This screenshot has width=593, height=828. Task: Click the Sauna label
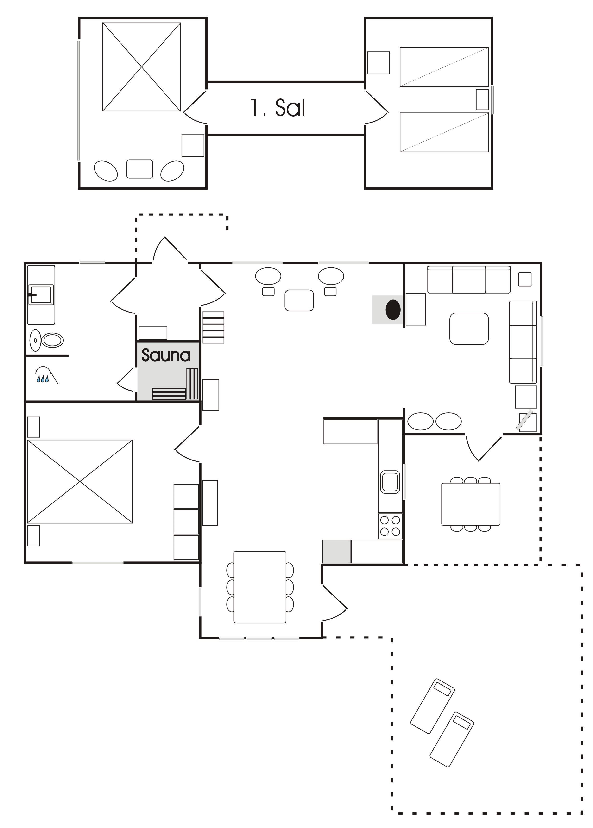click(166, 355)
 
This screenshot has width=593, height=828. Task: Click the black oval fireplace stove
click(393, 310)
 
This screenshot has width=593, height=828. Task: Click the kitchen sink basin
click(390, 481)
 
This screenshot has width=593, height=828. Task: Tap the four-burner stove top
click(390, 526)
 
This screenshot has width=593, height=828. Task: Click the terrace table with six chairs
click(471, 504)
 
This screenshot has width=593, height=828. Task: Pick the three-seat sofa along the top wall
click(469, 279)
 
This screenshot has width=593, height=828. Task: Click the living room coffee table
click(469, 329)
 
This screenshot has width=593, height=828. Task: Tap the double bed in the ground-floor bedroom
click(80, 481)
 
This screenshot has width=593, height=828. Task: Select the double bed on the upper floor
click(142, 67)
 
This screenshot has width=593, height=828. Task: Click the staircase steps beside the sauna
click(214, 327)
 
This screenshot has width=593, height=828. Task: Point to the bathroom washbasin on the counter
click(41, 294)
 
